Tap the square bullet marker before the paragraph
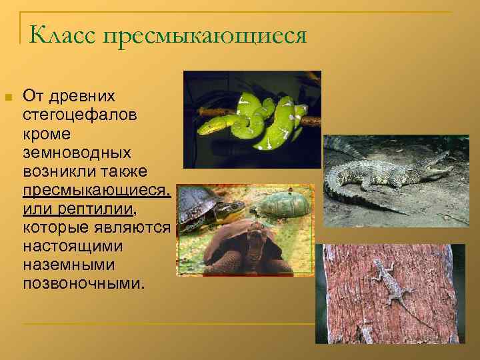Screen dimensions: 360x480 pyautogui.click(x=8, y=98)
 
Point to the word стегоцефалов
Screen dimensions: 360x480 pyautogui.click(x=80, y=116)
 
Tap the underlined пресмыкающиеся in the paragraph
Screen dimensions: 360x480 pyautogui.click(x=96, y=191)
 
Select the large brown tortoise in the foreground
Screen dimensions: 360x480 pyautogui.click(x=247, y=250)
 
